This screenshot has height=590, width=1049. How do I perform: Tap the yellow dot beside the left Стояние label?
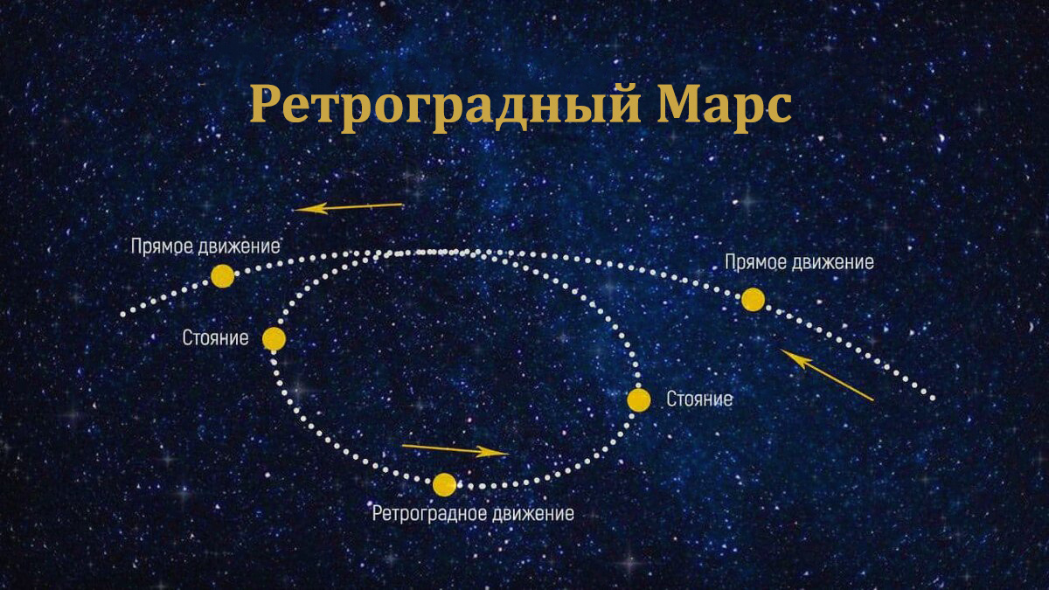pyautogui.click(x=274, y=339)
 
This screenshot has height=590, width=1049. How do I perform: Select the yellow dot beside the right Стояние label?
pyautogui.click(x=639, y=400)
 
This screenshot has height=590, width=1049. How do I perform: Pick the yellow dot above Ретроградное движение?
pyautogui.click(x=444, y=484)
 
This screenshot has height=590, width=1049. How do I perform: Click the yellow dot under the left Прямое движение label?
pyautogui.click(x=223, y=276)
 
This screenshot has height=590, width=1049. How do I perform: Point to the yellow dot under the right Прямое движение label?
pyautogui.click(x=753, y=300)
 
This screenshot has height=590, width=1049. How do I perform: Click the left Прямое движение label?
pyautogui.click(x=205, y=246)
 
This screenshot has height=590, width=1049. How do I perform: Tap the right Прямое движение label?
pyautogui.click(x=799, y=261)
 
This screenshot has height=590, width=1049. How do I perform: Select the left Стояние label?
pyautogui.click(x=216, y=338)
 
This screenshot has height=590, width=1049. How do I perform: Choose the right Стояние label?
pyautogui.click(x=699, y=400)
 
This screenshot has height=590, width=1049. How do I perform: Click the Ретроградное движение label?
pyautogui.click(x=473, y=513)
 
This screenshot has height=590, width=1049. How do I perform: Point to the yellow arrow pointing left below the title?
pyautogui.click(x=348, y=207)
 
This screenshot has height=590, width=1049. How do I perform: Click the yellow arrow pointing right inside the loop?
pyautogui.click(x=454, y=449)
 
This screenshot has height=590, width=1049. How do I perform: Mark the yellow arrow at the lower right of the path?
pyautogui.click(x=826, y=375)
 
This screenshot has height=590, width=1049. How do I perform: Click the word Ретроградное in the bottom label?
pyautogui.click(x=428, y=513)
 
